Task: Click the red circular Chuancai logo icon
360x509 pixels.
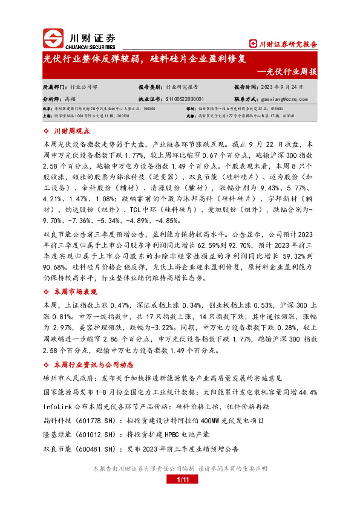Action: click(53, 39)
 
